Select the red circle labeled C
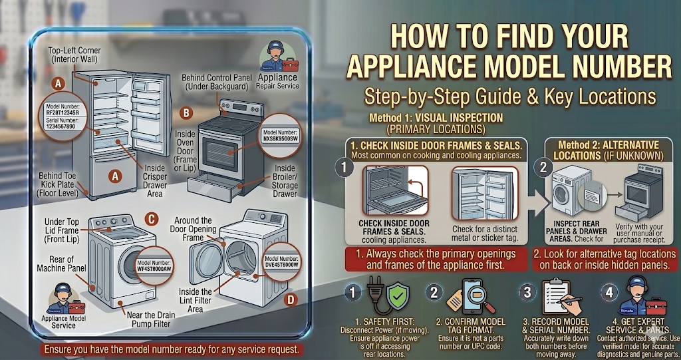[x=152, y=218]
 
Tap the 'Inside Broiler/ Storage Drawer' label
[x=285, y=182]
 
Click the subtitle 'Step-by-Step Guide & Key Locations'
[x=509, y=96]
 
